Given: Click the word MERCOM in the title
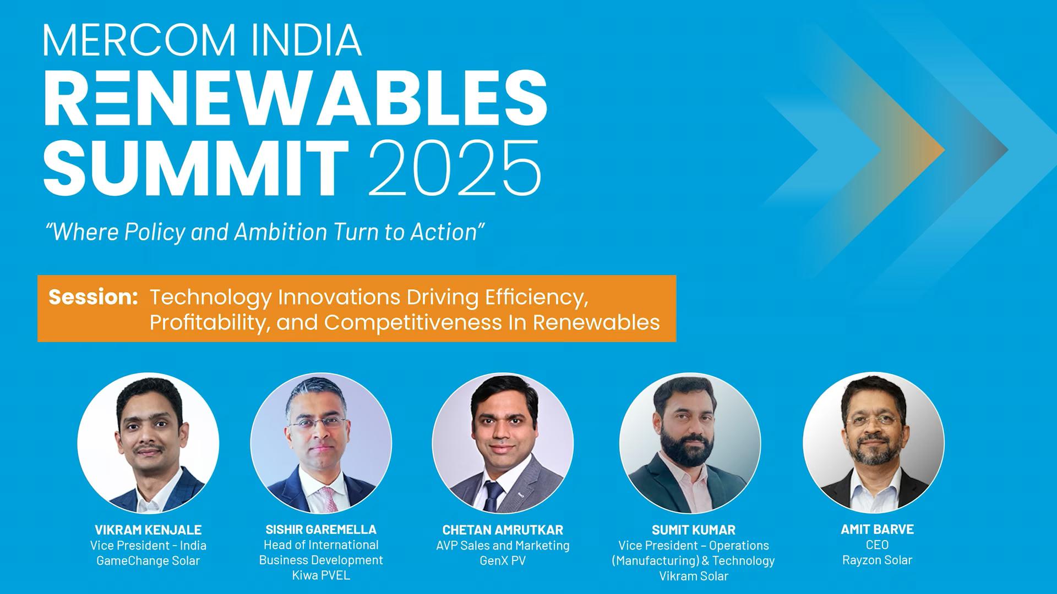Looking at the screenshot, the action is coord(140,40).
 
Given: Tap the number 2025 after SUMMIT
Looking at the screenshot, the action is coord(455,168).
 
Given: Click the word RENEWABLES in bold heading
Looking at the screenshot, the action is coord(296,100).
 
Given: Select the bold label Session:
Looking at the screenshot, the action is coord(93,297).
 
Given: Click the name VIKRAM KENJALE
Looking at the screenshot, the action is coord(148,530).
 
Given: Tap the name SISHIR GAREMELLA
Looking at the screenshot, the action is coord(321,529).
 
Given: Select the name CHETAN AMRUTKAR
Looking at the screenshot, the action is coord(503,530).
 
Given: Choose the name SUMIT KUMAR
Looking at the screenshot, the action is coord(694,530).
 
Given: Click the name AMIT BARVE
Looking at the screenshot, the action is coord(878,529).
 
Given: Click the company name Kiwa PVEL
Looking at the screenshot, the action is coord(321,575).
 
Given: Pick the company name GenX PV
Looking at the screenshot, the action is coord(503,560).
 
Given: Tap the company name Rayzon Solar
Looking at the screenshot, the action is coord(878,560).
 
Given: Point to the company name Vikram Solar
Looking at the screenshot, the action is coord(694,576).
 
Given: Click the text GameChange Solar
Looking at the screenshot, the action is coord(148,560).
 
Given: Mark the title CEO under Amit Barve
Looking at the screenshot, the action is coord(878,544).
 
